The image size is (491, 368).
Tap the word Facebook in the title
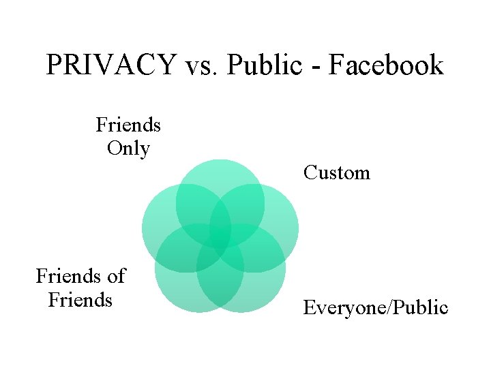coord(386,65)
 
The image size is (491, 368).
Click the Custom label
coord(337,172)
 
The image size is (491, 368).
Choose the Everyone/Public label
coord(376,308)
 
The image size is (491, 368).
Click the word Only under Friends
coord(128,148)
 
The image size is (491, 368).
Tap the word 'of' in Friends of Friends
coord(116,276)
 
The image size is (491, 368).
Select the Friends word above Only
coord(128,125)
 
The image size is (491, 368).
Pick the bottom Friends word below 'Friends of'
coord(80,299)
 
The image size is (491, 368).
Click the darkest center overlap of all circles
coord(220,236)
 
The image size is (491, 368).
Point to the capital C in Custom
coord(310,172)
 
